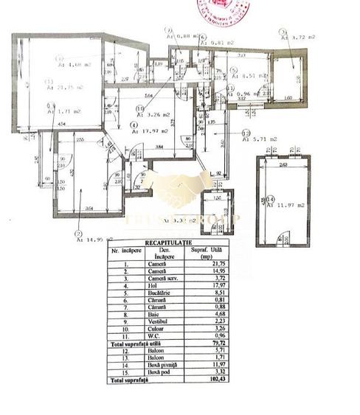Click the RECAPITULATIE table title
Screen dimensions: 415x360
pos(168,242)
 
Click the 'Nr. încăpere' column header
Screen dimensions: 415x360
pos(124,252)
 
